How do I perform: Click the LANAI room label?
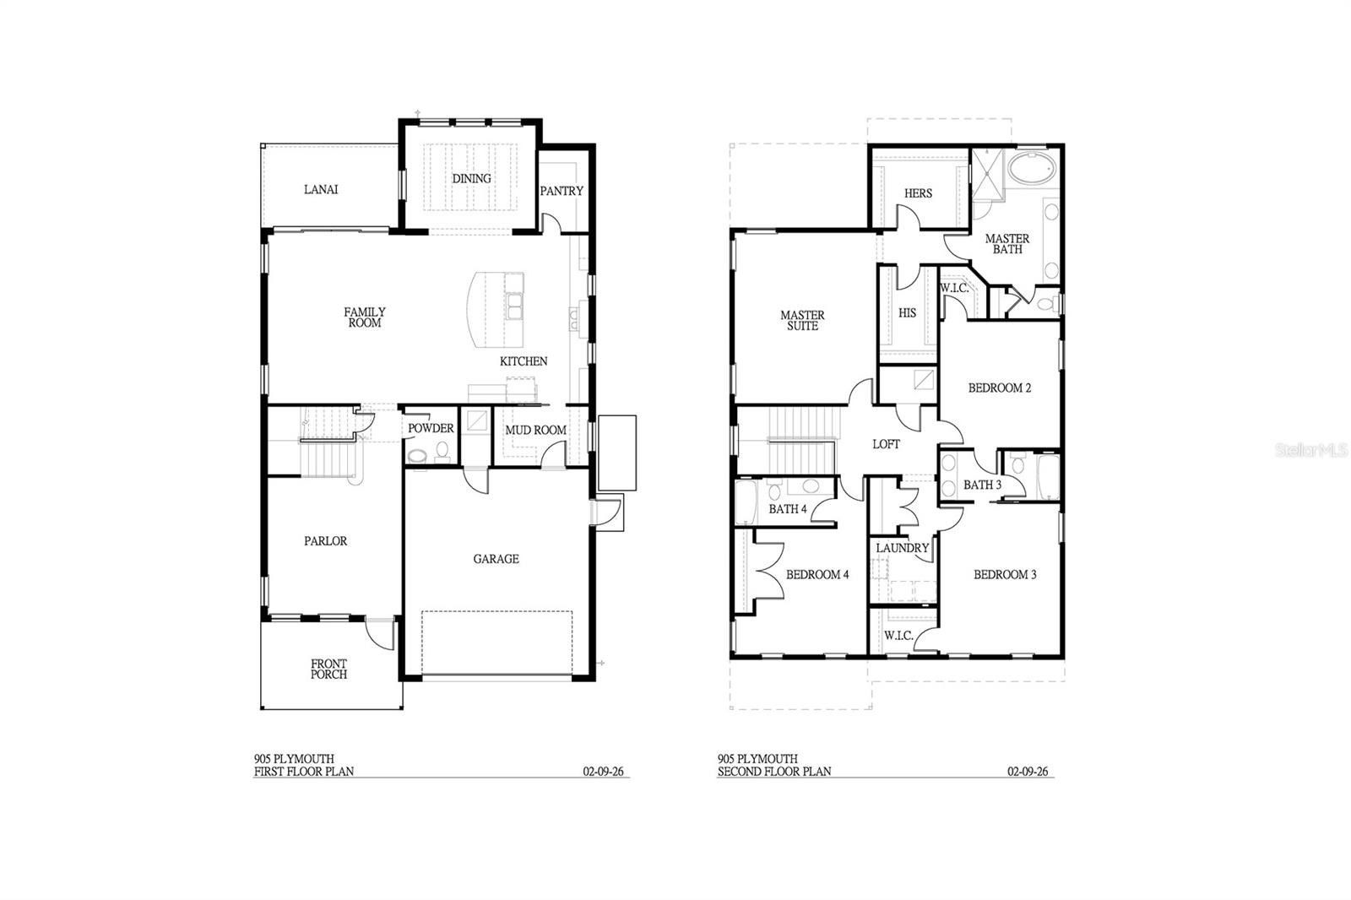321,189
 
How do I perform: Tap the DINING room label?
471,178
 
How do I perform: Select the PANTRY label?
562,191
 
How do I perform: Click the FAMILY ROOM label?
365,317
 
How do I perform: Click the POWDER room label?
431,428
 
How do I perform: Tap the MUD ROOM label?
535,430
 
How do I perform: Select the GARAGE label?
496,559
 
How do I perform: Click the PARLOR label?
326,541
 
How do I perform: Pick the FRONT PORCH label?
328,669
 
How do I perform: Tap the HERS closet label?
918,193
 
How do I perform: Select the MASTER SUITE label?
802,320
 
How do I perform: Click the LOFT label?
886,444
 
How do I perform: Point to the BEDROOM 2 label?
1000,388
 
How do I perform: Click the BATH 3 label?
982,485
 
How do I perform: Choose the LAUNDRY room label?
903,548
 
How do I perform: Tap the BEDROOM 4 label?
817,575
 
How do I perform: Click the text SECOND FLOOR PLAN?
774,771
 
